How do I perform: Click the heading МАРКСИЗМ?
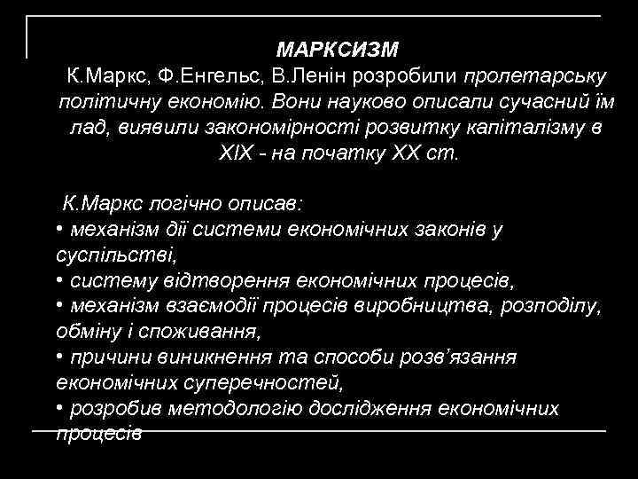point(338,47)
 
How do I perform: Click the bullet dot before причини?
point(58,357)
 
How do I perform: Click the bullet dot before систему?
point(58,281)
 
